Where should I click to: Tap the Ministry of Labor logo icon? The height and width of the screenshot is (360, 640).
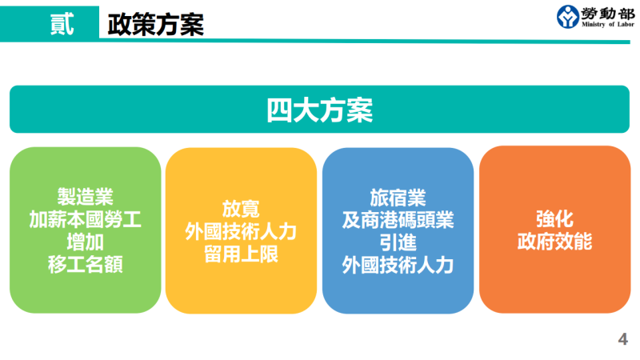point(570,16)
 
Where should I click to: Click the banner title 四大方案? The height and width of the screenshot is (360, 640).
point(320,110)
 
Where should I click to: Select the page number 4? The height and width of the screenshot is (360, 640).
point(623,339)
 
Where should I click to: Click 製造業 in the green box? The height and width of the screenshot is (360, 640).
point(85,197)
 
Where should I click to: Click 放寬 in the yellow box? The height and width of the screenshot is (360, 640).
point(241,209)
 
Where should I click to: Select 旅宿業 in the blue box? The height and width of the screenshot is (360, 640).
point(398,197)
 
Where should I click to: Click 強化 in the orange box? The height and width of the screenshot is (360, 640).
point(554,218)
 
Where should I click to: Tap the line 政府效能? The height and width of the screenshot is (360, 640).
point(554,242)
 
